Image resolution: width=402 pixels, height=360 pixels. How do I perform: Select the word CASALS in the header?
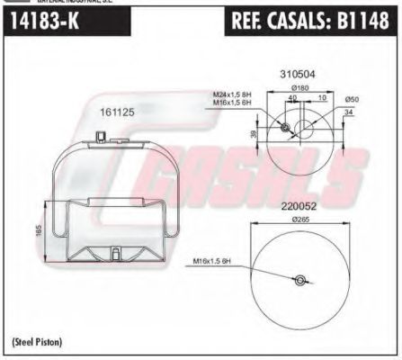[x=306, y=22]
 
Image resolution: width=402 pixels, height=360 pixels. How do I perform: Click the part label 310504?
[x=297, y=73]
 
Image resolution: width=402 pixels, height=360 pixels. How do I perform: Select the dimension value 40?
[x=292, y=98]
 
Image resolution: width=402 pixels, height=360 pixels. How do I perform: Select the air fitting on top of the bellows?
[x=100, y=136]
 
